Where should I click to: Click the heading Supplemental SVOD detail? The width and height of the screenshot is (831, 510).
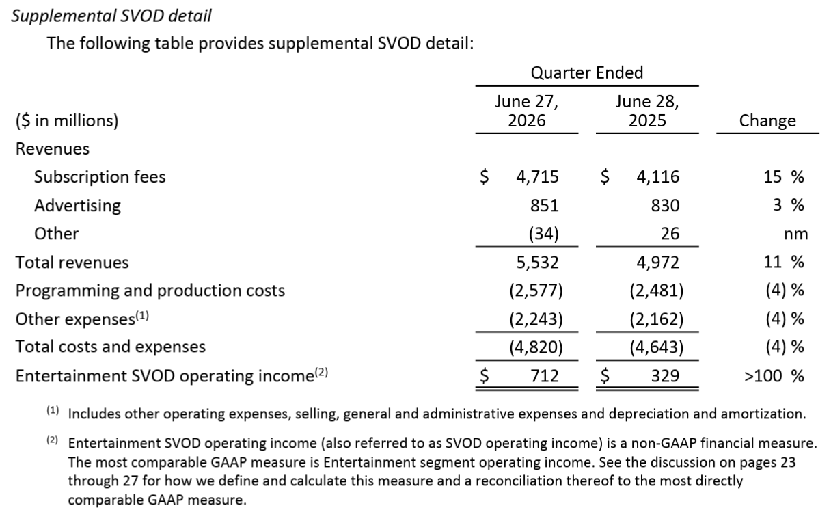[x=111, y=16]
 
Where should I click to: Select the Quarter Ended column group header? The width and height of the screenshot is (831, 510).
[x=587, y=72]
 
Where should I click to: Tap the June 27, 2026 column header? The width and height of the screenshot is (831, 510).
[x=527, y=111]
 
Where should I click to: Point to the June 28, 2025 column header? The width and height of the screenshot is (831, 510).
[x=647, y=111]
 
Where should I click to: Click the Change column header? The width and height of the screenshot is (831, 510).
[x=767, y=120]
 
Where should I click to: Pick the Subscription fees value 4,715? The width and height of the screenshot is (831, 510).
[x=538, y=176]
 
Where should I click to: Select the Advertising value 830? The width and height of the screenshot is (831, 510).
[x=665, y=205]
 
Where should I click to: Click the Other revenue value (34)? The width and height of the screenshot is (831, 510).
[x=544, y=234]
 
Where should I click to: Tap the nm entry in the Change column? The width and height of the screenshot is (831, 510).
[x=795, y=234]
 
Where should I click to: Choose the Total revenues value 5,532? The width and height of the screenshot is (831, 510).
[x=538, y=263]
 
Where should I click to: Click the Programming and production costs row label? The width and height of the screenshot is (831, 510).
[x=150, y=291]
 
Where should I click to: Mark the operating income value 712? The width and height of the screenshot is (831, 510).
[x=545, y=376]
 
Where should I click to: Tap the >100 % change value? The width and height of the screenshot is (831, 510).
[x=774, y=376]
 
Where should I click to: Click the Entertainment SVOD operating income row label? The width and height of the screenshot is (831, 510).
[x=172, y=375]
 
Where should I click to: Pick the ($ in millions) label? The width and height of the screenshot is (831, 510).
[x=67, y=121]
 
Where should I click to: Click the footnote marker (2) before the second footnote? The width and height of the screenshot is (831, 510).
[x=53, y=440]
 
